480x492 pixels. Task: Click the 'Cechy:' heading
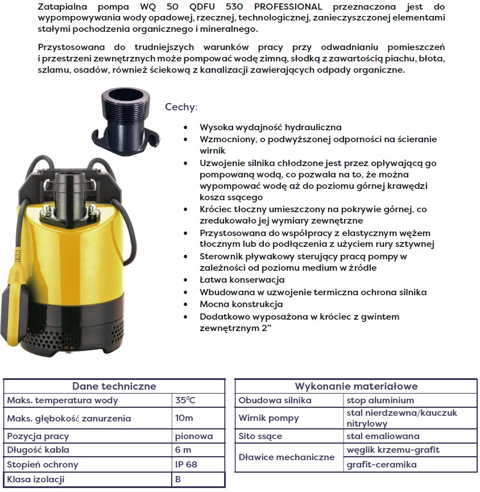coord(181,107)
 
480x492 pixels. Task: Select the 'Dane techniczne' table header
coord(114,386)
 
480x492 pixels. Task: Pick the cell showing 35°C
coord(185,400)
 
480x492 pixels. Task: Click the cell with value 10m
coord(184,418)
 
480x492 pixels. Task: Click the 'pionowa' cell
coord(194,436)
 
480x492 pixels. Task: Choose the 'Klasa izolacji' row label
coord(36,479)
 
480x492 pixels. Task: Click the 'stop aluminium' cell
coord(380,400)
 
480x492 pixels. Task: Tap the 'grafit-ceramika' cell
coord(382,465)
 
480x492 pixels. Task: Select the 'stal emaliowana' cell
coord(383,436)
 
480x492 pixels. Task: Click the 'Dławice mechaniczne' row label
coord(287,457)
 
